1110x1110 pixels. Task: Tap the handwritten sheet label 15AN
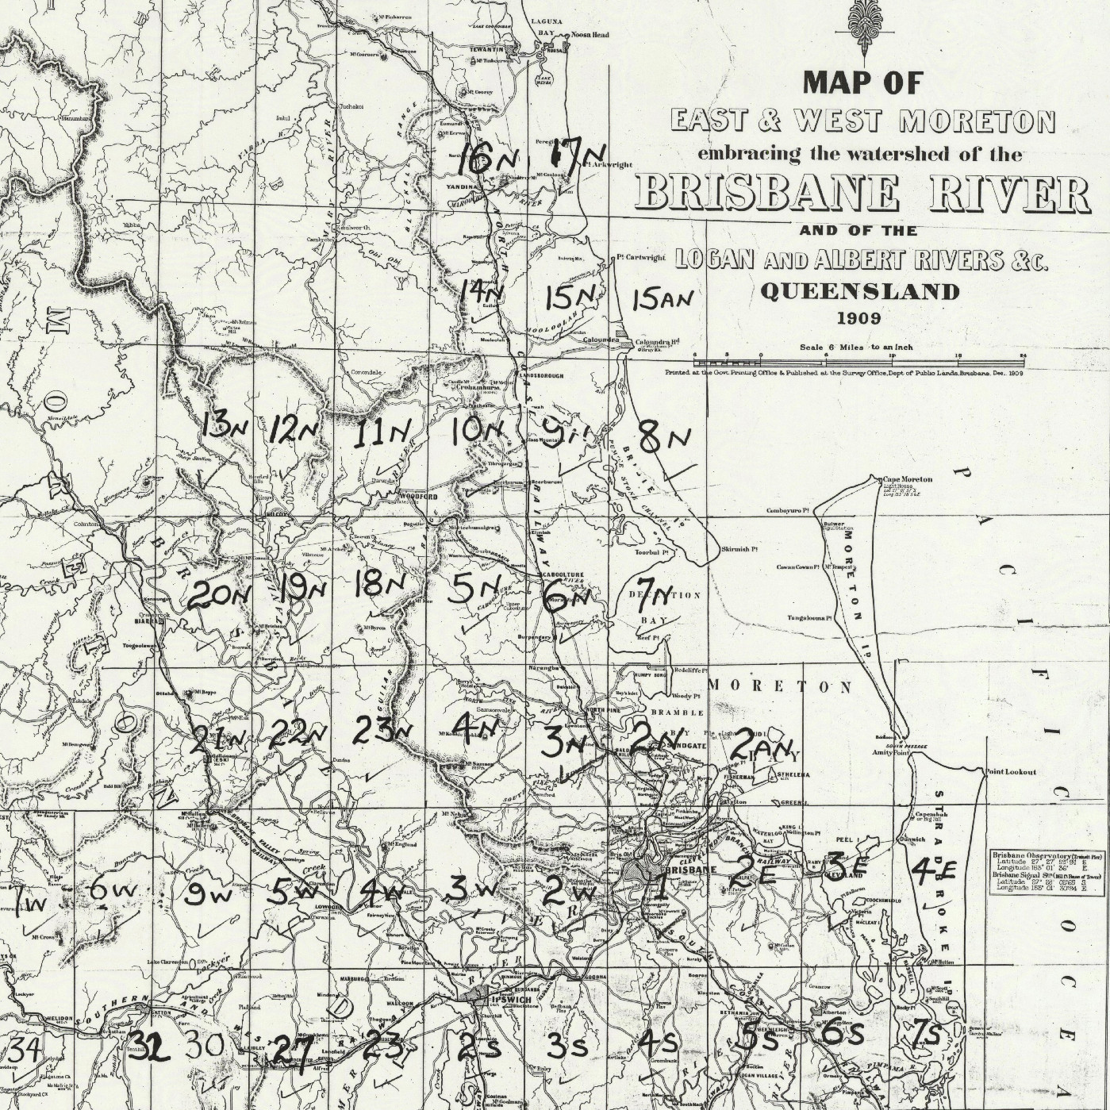point(663,299)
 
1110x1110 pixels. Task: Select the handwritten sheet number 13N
point(225,426)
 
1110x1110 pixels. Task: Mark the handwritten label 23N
point(383,730)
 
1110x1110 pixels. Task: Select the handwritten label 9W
point(207,895)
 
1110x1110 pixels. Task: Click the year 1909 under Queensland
point(859,318)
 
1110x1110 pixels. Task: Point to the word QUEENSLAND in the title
point(859,291)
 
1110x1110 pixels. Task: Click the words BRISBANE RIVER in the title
point(862,192)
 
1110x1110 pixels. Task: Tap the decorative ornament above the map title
point(862,30)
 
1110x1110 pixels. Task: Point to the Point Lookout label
point(1006,771)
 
